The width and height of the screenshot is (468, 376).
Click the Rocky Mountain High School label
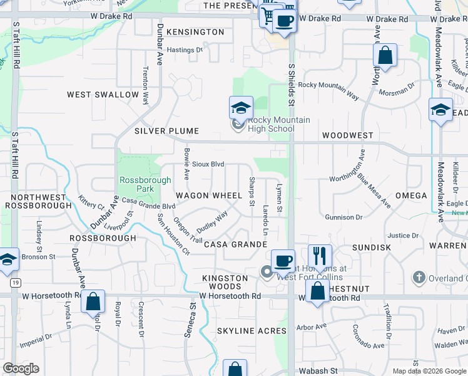(x=270, y=124)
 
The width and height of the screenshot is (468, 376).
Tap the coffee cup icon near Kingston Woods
(x=283, y=260)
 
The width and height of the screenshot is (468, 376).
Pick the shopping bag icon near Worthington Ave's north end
(x=385, y=56)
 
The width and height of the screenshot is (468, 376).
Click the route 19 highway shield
(x=14, y=283)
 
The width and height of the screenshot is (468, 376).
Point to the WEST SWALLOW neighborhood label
(x=103, y=95)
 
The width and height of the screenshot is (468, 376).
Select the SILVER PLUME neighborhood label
(x=166, y=131)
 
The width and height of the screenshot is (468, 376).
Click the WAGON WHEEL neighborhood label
(x=208, y=196)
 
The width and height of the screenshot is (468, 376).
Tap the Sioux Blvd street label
(x=208, y=164)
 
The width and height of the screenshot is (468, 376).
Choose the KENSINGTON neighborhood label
(x=195, y=32)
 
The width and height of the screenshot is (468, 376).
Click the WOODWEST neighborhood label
(x=347, y=135)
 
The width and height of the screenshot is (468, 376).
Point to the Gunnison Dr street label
(x=343, y=217)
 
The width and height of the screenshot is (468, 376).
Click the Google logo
(x=21, y=368)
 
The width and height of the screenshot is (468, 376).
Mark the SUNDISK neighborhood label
(x=371, y=248)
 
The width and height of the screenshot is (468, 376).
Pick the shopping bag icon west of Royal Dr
(x=93, y=301)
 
